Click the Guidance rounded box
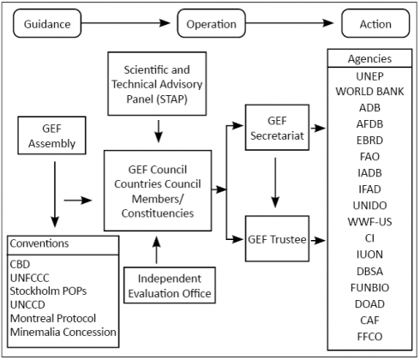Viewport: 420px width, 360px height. (x=47, y=23)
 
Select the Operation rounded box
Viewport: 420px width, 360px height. (x=212, y=23)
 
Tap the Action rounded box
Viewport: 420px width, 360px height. (x=375, y=23)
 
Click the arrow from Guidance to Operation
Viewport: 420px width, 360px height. (x=126, y=23)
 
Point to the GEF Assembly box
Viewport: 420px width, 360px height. (x=51, y=135)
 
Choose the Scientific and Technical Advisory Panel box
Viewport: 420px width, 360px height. (x=157, y=84)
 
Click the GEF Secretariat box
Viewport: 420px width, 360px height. (x=277, y=128)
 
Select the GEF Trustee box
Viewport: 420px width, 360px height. (x=277, y=238)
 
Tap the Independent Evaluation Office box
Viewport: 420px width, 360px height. (x=170, y=285)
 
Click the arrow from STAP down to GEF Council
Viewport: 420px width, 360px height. (x=159, y=131)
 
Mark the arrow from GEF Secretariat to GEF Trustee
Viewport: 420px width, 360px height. (x=275, y=183)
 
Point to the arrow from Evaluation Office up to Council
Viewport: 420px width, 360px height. (x=157, y=250)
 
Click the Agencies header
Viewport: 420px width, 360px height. (x=369, y=58)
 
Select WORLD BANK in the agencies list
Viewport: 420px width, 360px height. (x=369, y=92)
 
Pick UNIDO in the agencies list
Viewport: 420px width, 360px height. (x=369, y=206)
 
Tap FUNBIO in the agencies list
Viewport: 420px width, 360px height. (x=369, y=287)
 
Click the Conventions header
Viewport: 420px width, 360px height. (x=39, y=243)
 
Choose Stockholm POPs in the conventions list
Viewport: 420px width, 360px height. (x=48, y=291)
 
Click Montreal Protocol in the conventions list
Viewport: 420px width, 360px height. (x=53, y=318)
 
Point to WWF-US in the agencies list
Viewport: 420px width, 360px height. (x=369, y=222)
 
